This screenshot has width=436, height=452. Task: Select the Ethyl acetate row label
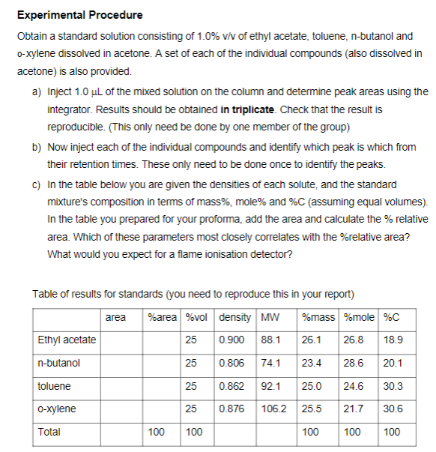pyautogui.click(x=67, y=340)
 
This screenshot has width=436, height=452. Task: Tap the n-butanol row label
pyautogui.click(x=58, y=363)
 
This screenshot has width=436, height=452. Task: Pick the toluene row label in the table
pyautogui.click(x=54, y=386)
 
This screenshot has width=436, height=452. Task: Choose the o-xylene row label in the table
pyautogui.click(x=56, y=409)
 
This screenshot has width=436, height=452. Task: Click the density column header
pyautogui.click(x=235, y=317)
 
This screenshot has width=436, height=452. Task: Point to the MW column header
pyautogui.click(x=269, y=317)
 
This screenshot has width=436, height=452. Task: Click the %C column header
pyautogui.click(x=391, y=317)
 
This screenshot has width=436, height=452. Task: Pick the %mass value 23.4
pyautogui.click(x=311, y=363)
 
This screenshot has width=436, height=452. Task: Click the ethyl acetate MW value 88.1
pyautogui.click(x=270, y=340)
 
